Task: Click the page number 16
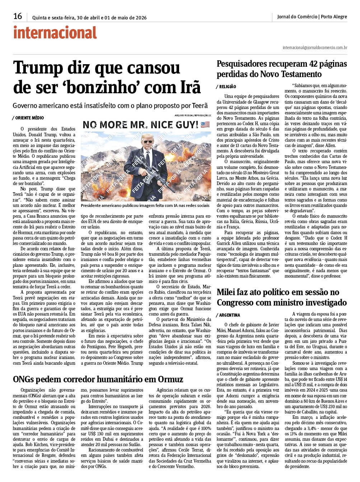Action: point(18,16)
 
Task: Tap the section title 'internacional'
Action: point(55,33)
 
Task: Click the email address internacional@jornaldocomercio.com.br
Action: point(315,47)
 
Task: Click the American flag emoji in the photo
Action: point(205,125)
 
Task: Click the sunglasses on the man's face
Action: point(147,142)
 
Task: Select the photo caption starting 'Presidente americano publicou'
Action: point(145,205)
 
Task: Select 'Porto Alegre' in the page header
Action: point(334,16)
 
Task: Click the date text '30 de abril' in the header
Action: point(89,18)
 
